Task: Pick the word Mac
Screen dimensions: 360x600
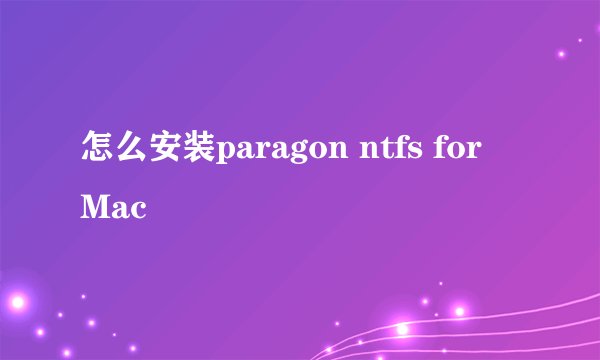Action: (112, 208)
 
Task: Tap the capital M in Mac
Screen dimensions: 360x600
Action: (97, 208)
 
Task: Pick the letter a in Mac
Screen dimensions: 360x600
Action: (120, 210)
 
